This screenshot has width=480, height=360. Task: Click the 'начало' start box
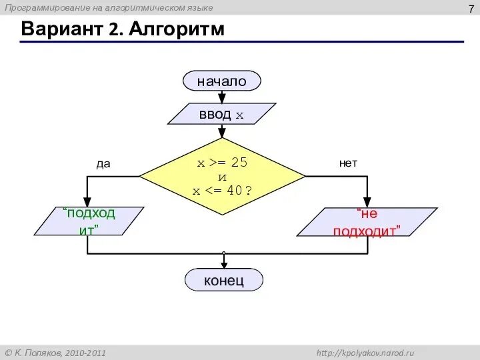coord(221,81)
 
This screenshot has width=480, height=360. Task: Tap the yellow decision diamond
coord(222,177)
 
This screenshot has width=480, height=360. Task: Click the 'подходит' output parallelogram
coord(89,221)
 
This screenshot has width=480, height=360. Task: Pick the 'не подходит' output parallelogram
coord(367,222)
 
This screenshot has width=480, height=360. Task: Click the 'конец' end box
coord(223,280)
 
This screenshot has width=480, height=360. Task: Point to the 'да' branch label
coord(103,164)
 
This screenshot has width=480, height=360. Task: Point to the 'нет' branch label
coord(348,163)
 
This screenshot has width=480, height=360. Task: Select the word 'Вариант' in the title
coord(61,29)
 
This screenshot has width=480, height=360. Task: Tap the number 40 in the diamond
coord(234,191)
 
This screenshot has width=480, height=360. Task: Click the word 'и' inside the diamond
coord(222,177)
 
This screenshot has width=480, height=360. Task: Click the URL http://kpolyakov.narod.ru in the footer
coord(365,353)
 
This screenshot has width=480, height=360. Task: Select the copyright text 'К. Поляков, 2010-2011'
coord(61,353)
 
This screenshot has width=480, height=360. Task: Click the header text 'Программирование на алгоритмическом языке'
coord(110,7)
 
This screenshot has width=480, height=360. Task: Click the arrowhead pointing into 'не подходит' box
coord(367,203)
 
